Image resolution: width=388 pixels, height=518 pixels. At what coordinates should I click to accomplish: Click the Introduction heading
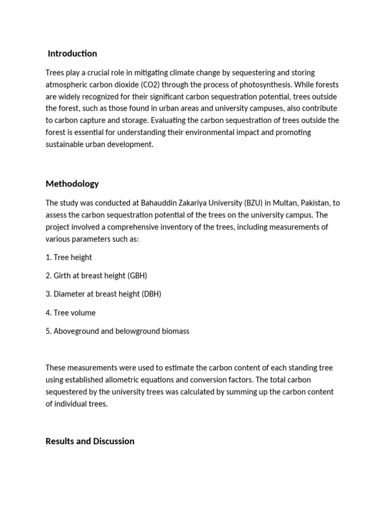(x=72, y=54)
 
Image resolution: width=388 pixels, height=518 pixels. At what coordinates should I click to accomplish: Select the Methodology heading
(x=72, y=184)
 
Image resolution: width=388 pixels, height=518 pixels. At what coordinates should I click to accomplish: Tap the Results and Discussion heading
(x=90, y=441)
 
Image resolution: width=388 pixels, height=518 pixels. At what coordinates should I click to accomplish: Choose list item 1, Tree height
(x=69, y=257)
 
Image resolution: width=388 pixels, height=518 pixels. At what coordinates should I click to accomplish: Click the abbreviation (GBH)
(x=137, y=276)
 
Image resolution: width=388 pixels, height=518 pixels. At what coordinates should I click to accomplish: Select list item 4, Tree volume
(x=71, y=313)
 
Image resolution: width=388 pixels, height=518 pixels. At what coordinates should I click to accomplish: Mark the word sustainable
(x=65, y=144)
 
